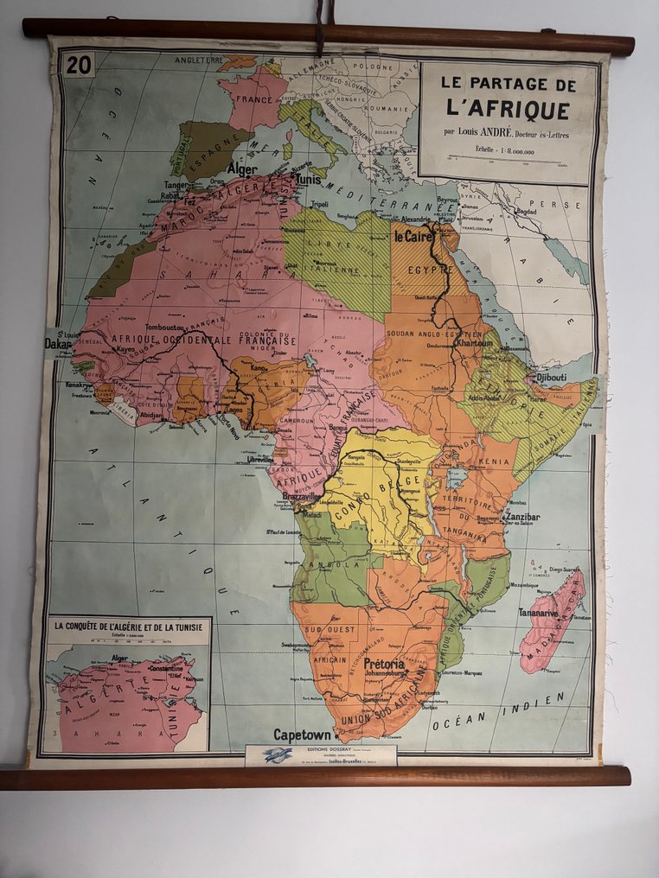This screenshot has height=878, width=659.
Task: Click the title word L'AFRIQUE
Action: click(x=508, y=110)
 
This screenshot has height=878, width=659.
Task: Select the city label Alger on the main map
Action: click(x=243, y=170)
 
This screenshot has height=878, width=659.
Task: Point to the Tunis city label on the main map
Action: click(x=309, y=179)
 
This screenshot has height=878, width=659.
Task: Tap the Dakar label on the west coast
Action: click(x=59, y=344)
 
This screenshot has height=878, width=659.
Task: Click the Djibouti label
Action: click(x=551, y=378)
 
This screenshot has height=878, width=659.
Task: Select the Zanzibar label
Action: click(x=521, y=517)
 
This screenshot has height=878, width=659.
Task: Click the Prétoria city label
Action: click(x=384, y=665)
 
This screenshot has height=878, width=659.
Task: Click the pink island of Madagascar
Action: click(x=552, y=620)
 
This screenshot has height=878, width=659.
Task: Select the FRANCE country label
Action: click(x=248, y=99)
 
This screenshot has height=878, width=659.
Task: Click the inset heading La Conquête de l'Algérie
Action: click(x=127, y=625)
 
